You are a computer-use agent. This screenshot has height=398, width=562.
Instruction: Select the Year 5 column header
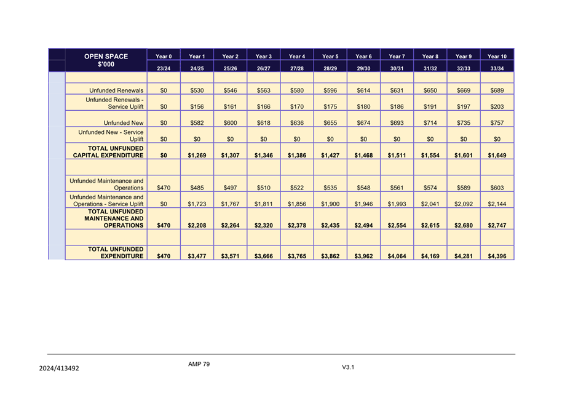coord(330,57)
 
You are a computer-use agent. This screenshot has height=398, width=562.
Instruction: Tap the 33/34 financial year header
coord(497,68)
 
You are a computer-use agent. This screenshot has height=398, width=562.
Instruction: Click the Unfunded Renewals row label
coord(116,90)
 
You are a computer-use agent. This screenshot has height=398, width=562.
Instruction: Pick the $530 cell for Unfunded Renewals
coord(197,90)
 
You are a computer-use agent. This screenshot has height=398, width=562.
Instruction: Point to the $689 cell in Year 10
coord(497,90)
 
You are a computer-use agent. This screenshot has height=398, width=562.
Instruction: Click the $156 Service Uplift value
coord(197,106)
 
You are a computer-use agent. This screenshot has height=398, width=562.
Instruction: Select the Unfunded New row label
coord(124,123)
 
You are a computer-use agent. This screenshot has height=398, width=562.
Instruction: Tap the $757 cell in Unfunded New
coord(497,123)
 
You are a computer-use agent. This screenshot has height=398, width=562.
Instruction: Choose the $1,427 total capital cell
coord(330,156)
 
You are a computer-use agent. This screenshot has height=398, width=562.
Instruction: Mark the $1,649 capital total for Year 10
coord(497,156)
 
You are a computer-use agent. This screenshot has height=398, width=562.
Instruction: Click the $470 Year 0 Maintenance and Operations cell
coord(164,188)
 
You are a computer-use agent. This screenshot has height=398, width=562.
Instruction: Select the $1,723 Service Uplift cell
coord(197,204)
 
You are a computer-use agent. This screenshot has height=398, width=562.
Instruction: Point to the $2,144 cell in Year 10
coord(497,204)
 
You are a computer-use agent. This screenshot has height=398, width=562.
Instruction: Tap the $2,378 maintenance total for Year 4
coord(297,226)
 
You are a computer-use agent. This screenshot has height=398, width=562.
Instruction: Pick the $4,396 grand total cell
coord(497,257)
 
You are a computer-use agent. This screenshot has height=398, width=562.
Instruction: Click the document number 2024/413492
coord(59,368)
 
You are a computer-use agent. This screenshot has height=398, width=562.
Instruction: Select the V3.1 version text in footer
coord(349,367)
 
